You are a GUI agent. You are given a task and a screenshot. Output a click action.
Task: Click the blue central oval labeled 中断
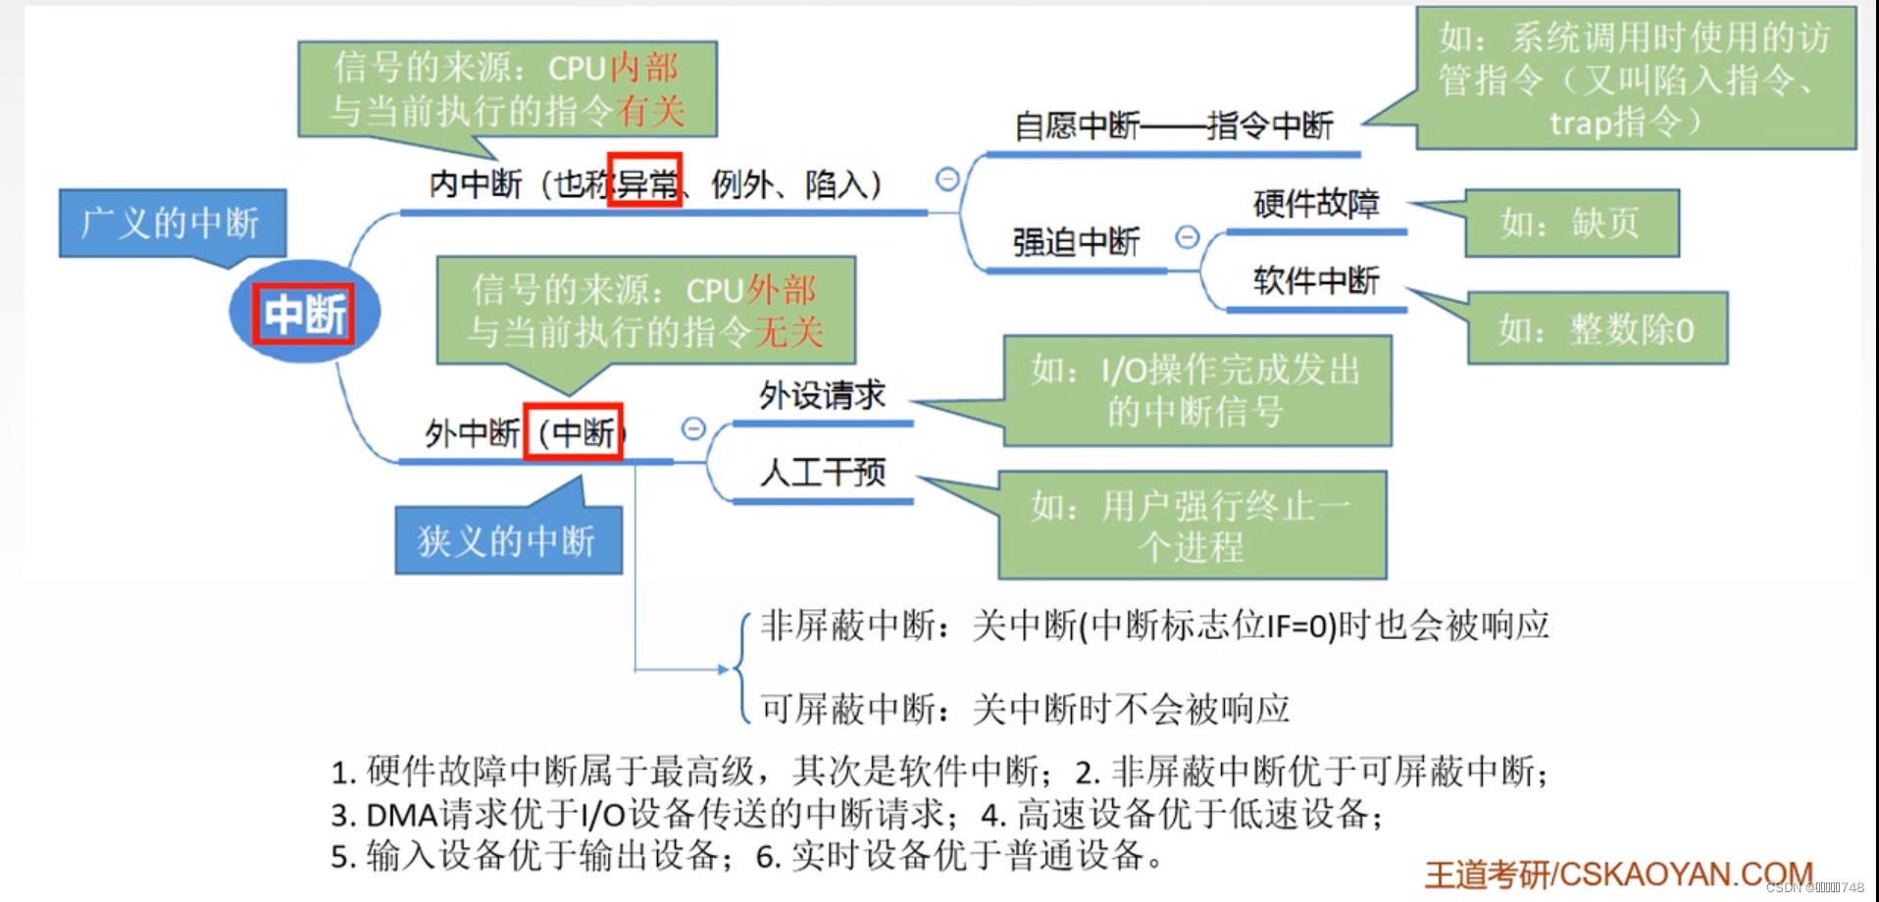(x=304, y=313)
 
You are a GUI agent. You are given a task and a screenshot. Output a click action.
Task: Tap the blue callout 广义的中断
(x=172, y=224)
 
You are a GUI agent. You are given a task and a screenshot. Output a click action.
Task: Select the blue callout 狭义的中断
(x=507, y=540)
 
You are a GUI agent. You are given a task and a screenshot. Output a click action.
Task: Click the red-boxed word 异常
(x=644, y=181)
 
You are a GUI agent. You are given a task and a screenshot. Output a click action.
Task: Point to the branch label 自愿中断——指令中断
(x=1173, y=126)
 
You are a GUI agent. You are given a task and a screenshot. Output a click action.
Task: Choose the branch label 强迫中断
(x=1076, y=242)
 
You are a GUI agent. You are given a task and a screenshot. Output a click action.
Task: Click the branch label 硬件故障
(x=1316, y=204)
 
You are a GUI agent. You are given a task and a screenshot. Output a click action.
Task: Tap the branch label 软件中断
(x=1316, y=281)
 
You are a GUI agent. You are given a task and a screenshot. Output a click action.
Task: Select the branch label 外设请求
(x=822, y=395)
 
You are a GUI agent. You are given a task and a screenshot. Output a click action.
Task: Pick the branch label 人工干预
(x=822, y=473)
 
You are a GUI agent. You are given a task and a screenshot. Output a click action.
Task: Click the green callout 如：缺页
(x=1571, y=224)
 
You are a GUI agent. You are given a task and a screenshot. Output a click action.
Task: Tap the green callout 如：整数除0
(x=1597, y=329)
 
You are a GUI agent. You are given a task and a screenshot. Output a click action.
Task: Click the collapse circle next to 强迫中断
(x=1187, y=237)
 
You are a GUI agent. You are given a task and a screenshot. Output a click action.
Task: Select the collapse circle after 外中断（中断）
(x=693, y=428)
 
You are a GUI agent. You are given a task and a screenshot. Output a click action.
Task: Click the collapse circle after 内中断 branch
(x=947, y=179)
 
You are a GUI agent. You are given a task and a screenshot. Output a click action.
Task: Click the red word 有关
(x=650, y=111)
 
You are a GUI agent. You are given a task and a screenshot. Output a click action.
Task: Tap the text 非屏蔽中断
(x=848, y=626)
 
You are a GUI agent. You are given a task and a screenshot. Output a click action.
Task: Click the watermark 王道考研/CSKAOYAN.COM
(x=1618, y=874)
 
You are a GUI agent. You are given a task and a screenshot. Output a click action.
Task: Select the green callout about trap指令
(x=1635, y=79)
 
